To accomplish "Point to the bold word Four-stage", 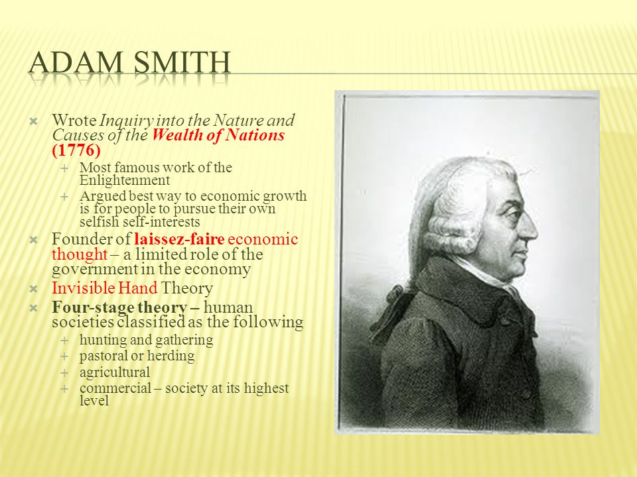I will pos(90,307).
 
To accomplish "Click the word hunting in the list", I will pos(100,340).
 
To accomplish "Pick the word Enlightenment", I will pos(125,180).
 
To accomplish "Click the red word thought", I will pos(78,254).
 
